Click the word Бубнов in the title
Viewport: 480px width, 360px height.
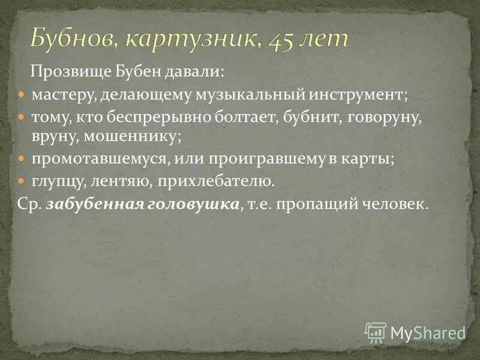(73, 39)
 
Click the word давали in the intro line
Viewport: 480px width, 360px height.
(196, 71)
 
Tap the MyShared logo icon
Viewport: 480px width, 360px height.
(376, 332)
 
